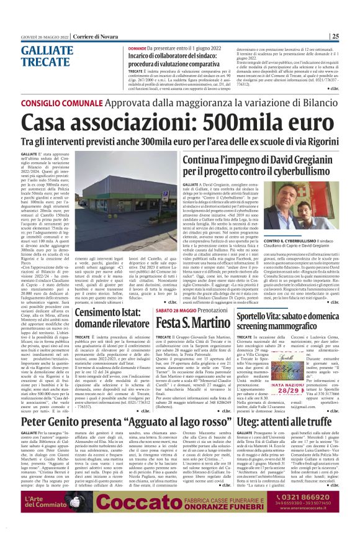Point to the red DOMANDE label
point(137,48)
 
